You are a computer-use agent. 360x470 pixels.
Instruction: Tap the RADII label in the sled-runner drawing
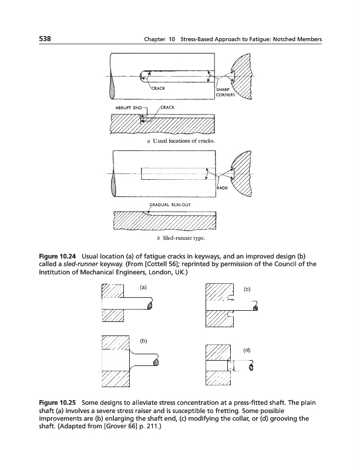pyautogui.click(x=221, y=189)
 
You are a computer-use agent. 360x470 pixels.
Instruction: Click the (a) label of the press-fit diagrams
pyautogui.click(x=142, y=287)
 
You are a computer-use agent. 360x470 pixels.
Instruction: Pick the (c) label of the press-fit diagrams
pyautogui.click(x=247, y=288)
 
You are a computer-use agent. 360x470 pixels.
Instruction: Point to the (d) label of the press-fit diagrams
pyautogui.click(x=247, y=350)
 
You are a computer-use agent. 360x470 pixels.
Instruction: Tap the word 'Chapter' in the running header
pyautogui.click(x=146, y=39)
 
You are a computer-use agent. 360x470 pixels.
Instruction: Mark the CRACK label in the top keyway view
pyautogui.click(x=158, y=88)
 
